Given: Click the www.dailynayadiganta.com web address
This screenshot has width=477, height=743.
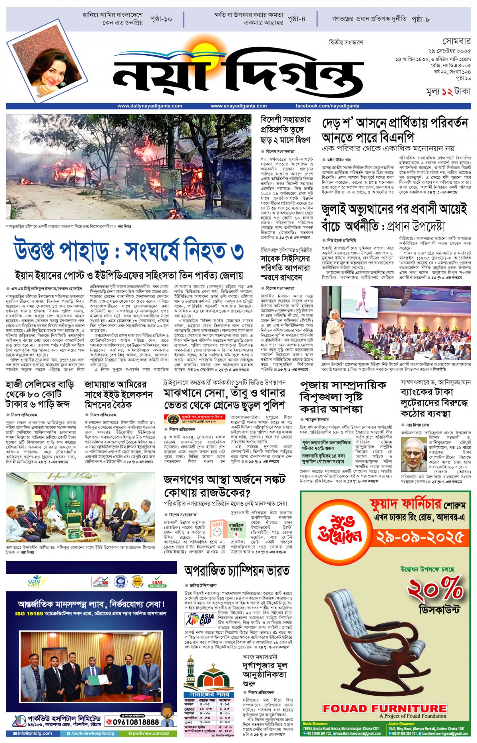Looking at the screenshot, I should pos(149,106).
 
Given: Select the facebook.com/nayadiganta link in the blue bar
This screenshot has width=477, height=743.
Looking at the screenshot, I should pos(327,106).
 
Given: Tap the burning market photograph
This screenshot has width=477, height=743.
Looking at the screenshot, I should pos(128,167).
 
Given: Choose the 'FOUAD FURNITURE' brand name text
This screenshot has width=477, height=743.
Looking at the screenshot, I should pos(385,708).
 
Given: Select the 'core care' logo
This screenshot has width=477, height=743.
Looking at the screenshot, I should pos(34,581).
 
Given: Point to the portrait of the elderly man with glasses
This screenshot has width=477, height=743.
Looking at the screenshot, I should pos(414,454).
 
